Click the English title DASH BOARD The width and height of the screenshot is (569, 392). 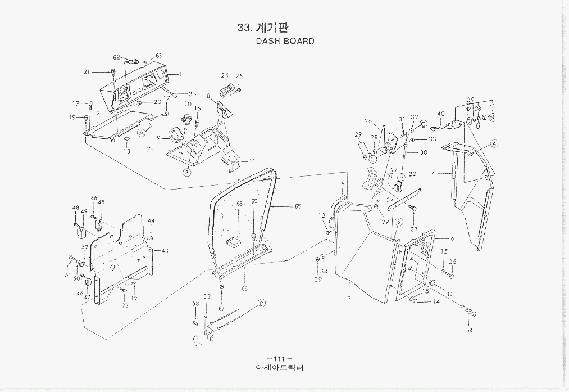(x=285, y=41)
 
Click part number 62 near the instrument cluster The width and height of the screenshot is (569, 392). (x=117, y=57)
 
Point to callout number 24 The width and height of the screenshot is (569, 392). (x=225, y=75)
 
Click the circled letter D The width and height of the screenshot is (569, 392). (x=261, y=304)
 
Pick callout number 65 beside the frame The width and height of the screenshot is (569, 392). (x=298, y=207)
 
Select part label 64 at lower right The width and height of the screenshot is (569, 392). (x=469, y=331)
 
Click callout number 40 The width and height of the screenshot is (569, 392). (x=441, y=114)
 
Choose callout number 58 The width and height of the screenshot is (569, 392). (x=196, y=304)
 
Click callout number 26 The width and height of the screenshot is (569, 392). (x=368, y=121)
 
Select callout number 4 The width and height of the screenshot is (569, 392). (x=434, y=174)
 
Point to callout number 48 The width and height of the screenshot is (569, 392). (x=75, y=208)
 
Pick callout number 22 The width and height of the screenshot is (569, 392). (x=412, y=174)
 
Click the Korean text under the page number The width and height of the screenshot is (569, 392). (x=279, y=369)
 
